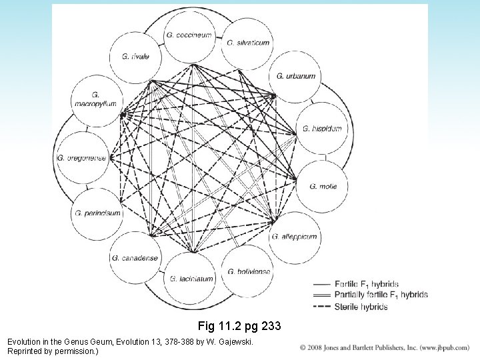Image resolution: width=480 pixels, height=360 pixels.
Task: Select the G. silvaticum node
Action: click(x=247, y=41)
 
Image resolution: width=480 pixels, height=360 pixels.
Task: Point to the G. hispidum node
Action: click(x=321, y=128)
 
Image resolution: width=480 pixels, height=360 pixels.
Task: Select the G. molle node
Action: click(x=323, y=186)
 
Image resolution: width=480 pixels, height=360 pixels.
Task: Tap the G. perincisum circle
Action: click(x=96, y=214)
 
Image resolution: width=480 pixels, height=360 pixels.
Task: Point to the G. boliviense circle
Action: click(x=247, y=271)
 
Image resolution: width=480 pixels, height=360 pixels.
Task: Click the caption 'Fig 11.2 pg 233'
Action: click(x=241, y=327)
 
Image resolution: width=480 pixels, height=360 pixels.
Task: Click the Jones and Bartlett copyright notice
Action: click(x=387, y=348)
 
